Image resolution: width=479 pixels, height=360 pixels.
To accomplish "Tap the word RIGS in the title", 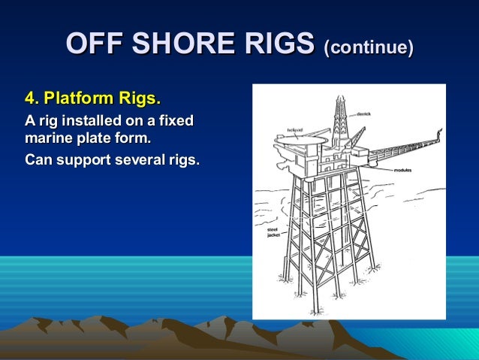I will coord(277,45).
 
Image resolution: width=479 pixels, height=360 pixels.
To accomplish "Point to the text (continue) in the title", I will coord(368,47).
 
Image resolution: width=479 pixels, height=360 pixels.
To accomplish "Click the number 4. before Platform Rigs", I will coord(32,98).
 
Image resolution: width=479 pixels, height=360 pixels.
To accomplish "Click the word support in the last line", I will coord(82,161).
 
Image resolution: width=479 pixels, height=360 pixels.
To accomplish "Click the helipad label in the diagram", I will coord(294,129).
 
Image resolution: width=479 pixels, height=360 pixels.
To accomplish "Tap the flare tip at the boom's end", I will coord(435,134).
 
